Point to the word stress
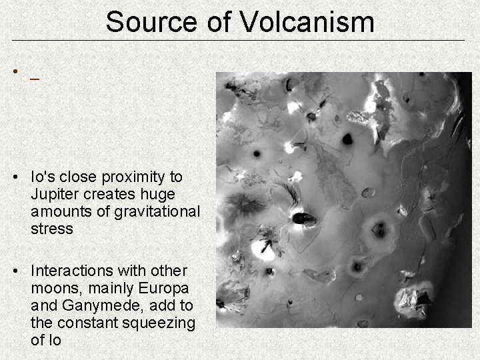[x=51, y=229]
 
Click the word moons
[x=55, y=289]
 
